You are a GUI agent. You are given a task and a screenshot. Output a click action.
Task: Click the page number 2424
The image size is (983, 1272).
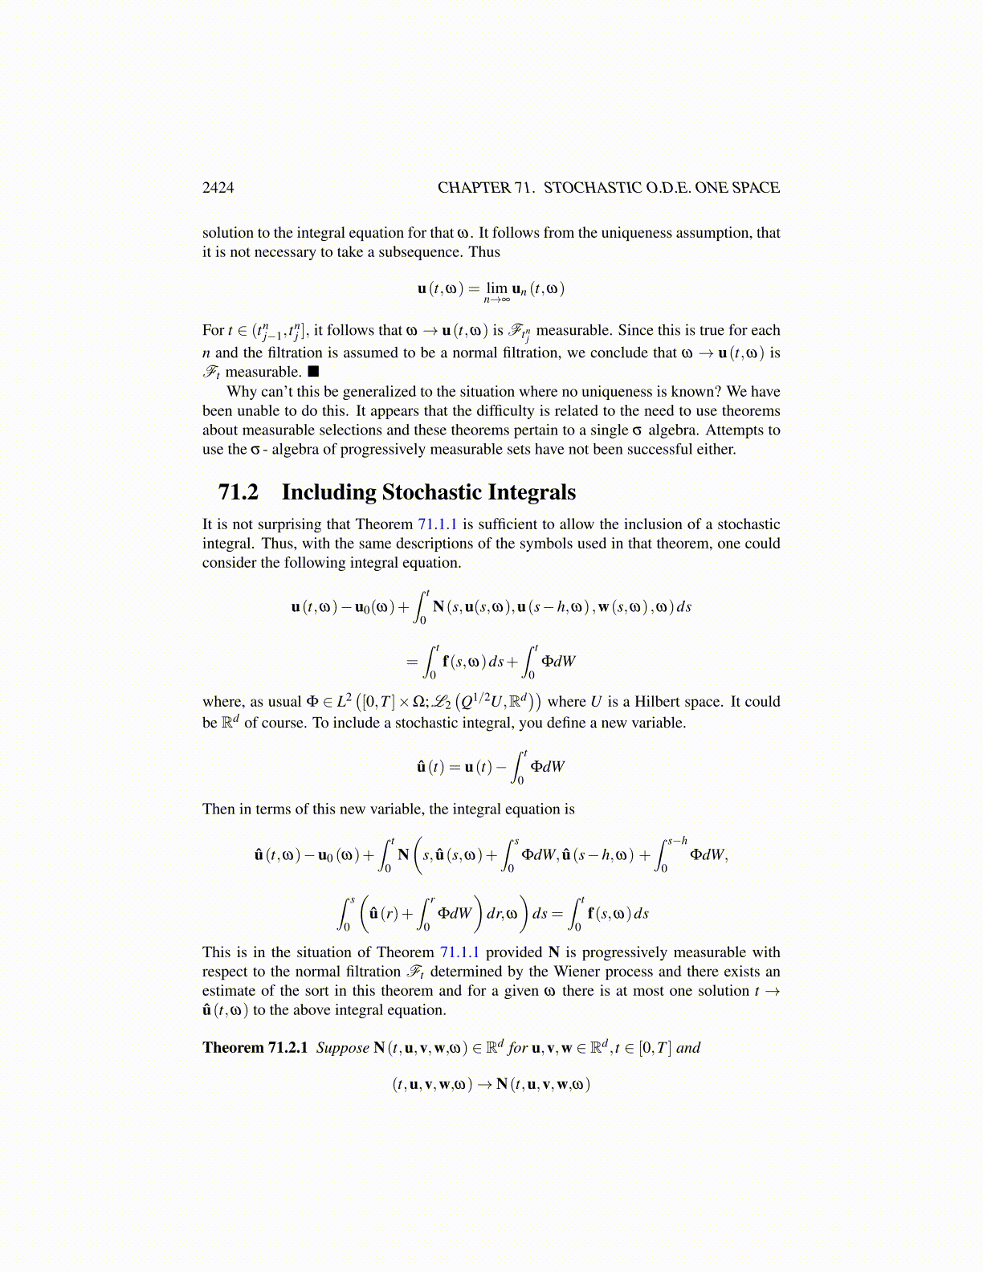[x=218, y=188]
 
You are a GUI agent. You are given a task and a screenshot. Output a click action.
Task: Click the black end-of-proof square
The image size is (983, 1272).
[x=313, y=372]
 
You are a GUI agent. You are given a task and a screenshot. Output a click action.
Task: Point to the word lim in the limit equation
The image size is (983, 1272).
[x=497, y=287]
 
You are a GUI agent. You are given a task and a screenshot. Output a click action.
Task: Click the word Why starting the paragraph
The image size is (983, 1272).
[x=242, y=392]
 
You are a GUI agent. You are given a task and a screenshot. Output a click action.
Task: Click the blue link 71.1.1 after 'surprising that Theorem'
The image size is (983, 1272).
[x=437, y=524]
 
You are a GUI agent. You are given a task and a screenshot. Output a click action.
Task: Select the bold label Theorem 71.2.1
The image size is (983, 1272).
[x=255, y=1048]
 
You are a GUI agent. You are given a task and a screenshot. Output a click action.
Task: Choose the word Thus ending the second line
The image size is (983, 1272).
[x=484, y=252]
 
